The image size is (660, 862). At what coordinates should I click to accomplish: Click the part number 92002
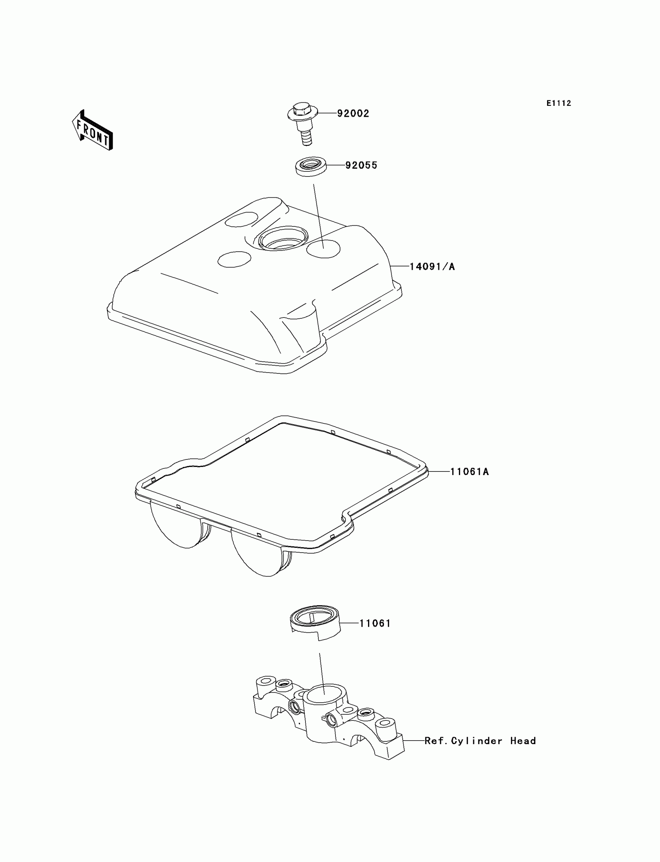pos(353,113)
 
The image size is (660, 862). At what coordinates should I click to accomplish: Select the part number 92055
pos(361,165)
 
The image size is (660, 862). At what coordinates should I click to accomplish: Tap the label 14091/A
pos(432,266)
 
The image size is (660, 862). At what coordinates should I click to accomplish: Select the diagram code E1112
pos(558,103)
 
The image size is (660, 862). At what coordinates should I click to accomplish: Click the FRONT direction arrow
pos(93,131)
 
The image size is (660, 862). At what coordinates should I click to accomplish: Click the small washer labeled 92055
pos(311,166)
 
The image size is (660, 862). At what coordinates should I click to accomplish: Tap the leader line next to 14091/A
pos(400,266)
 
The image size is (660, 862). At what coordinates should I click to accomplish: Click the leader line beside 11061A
pos(439,471)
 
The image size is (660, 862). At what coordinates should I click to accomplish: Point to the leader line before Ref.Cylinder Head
pos(414,741)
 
